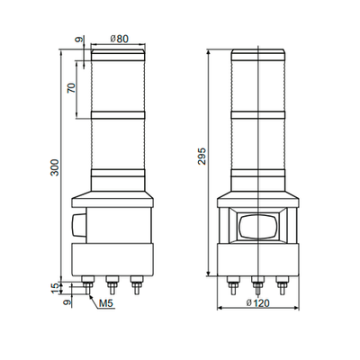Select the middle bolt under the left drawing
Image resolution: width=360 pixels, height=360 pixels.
coord(112,285)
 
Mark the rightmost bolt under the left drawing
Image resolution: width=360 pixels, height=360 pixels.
coord(137,285)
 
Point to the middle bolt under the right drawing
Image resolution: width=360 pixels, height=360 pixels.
coord(259,285)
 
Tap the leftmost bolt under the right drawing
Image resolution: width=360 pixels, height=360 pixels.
coord(235,285)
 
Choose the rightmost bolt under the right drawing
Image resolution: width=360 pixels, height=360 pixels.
coord(283,285)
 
